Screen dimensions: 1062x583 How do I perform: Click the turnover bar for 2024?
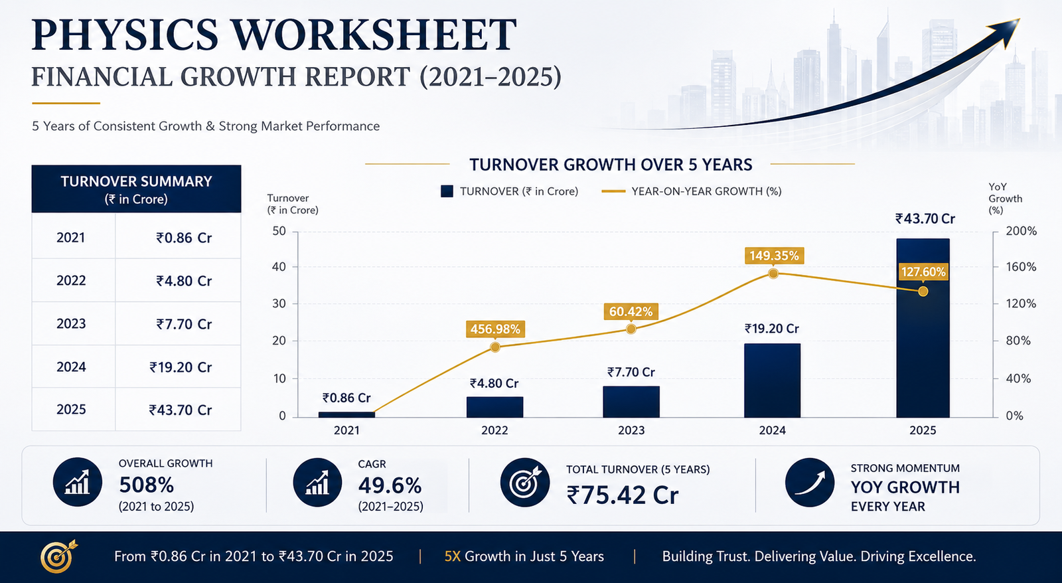pyautogui.click(x=773, y=380)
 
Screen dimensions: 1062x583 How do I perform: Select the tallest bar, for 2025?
pyautogui.click(x=923, y=328)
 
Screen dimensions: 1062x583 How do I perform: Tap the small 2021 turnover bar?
pyautogui.click(x=346, y=414)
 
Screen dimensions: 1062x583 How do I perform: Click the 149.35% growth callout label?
pyautogui.click(x=774, y=256)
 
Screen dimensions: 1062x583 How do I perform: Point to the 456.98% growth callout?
pyautogui.click(x=495, y=329)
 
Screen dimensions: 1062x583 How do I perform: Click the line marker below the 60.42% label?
pyautogui.click(x=631, y=329)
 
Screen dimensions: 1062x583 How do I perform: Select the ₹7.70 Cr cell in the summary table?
pyautogui.click(x=184, y=324)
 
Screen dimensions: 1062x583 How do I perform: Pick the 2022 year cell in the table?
pyautogui.click(x=71, y=280)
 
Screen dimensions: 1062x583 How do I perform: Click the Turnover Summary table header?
pyautogui.click(x=137, y=189)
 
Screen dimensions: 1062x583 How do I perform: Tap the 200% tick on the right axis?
pyautogui.click(x=1022, y=231)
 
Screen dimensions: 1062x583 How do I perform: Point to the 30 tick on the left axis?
pyautogui.click(x=279, y=303)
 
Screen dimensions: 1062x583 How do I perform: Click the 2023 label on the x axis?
pyautogui.click(x=631, y=430)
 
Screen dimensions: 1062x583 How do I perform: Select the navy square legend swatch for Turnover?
pyautogui.click(x=447, y=191)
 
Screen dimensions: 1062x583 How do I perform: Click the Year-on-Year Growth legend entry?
pyautogui.click(x=692, y=191)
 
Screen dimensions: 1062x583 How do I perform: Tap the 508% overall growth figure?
pyautogui.click(x=147, y=485)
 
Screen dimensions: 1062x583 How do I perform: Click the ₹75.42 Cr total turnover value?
pyautogui.click(x=623, y=495)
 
